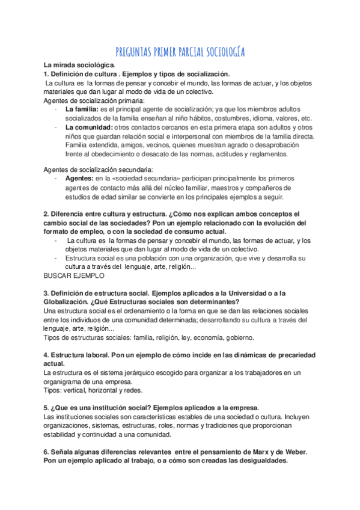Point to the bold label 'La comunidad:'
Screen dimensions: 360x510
[88, 127]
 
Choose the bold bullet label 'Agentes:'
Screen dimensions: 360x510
[79, 179]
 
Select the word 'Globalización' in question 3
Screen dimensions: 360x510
[69, 301]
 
